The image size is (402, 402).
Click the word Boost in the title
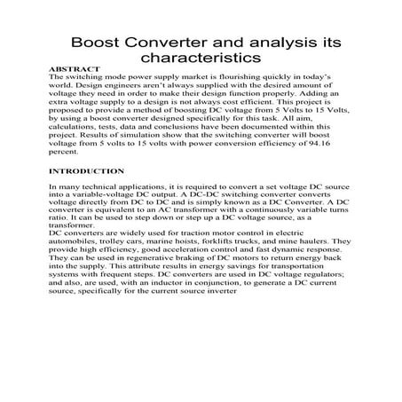pyautogui.click(x=94, y=42)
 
